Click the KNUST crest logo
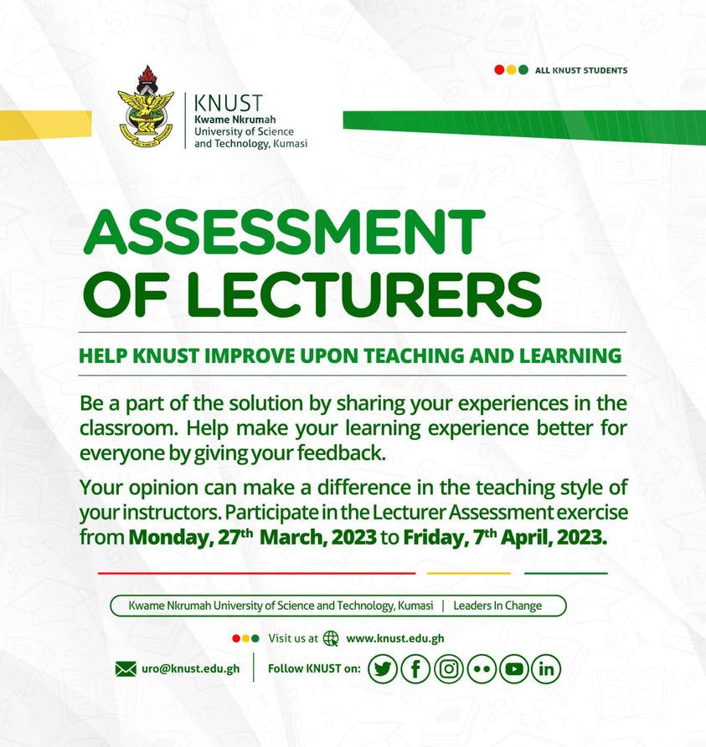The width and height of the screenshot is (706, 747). (146, 107)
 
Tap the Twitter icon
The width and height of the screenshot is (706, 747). (383, 668)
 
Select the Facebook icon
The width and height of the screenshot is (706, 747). (415, 668)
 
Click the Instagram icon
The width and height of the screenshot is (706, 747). (448, 668)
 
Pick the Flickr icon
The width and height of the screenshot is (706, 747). (482, 668)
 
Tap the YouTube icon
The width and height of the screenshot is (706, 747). (514, 668)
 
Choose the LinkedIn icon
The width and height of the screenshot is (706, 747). (546, 668)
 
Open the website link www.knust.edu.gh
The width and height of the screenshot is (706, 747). (395, 638)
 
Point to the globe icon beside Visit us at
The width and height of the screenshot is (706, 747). (331, 638)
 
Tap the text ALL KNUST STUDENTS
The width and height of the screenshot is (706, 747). (581, 70)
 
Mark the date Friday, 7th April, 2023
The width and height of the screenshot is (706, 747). (504, 537)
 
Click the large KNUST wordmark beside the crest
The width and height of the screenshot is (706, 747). (228, 103)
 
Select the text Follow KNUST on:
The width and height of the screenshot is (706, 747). (314, 668)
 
